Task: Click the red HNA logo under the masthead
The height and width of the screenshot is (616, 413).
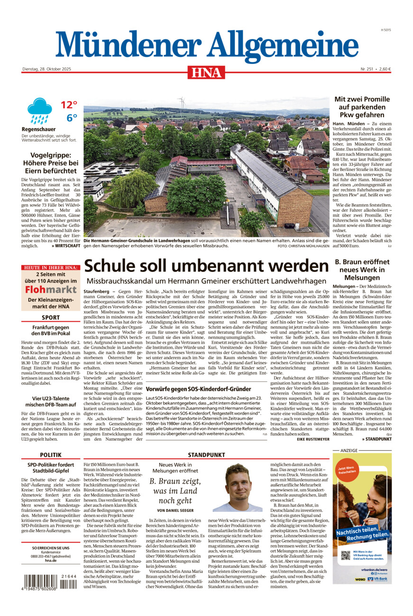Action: tap(206, 72)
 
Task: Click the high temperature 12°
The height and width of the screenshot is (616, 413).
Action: tap(69, 104)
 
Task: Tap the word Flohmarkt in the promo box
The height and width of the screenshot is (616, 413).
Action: tap(50, 290)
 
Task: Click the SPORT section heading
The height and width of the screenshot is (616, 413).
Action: tap(50, 317)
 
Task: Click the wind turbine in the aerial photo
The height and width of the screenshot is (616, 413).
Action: tap(181, 102)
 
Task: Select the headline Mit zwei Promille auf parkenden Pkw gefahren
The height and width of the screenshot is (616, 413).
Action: tap(362, 107)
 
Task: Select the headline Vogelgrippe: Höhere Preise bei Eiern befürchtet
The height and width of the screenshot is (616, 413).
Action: tap(50, 163)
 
